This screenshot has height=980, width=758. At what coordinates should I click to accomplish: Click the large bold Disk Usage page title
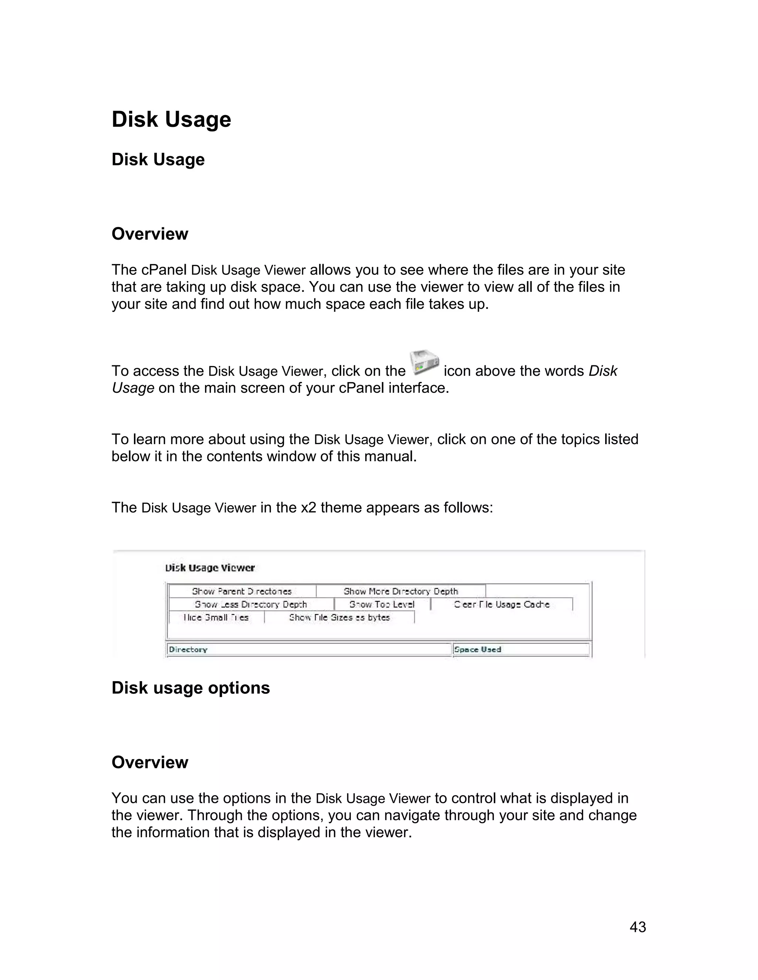click(171, 119)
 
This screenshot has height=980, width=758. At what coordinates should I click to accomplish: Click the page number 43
click(638, 927)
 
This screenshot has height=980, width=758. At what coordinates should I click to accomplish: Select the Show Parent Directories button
click(242, 591)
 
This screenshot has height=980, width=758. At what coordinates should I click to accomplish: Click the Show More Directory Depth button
click(400, 591)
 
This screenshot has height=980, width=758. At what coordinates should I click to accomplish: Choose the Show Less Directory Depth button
click(251, 604)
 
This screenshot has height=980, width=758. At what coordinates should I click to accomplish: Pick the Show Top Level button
click(382, 604)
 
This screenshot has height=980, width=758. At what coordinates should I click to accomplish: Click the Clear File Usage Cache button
click(502, 604)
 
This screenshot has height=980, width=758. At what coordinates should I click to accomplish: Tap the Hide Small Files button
click(216, 618)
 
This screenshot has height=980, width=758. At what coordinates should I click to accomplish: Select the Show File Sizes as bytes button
click(339, 618)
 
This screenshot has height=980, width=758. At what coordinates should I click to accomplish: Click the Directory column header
click(188, 649)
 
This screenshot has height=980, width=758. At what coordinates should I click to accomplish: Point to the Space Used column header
click(477, 649)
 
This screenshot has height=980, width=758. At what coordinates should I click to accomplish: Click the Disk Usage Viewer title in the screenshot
click(210, 568)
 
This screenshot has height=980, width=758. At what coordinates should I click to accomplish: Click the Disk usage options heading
click(190, 688)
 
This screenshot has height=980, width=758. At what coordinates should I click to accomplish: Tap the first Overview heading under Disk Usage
click(150, 234)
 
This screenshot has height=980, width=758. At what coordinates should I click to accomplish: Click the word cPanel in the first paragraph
click(164, 270)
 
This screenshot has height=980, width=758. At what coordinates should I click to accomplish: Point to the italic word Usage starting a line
click(133, 388)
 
